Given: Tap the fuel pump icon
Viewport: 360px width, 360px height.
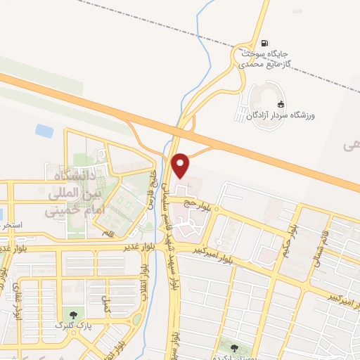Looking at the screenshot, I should [264, 43].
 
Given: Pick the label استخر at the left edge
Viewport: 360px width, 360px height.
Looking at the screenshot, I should [13, 226].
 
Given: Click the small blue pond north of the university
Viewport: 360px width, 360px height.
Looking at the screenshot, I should [44, 131].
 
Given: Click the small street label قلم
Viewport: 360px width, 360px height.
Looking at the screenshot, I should [108, 232].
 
